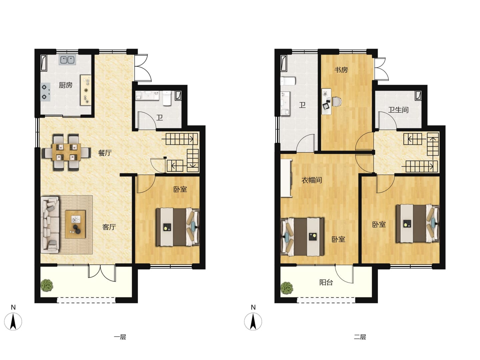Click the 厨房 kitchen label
tap(66, 85)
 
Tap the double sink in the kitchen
tap(67, 60)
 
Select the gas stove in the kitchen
tap(45, 92)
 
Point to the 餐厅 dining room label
tap(105, 153)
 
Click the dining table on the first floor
tap(66, 152)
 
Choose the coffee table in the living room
tap(75, 224)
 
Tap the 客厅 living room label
tap(109, 227)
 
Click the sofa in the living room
tap(50, 224)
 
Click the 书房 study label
tap(341, 70)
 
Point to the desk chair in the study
tap(337, 102)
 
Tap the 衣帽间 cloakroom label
tap(312, 180)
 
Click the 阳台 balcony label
tap(326, 282)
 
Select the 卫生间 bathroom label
tap(398, 110)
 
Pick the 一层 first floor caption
tap(120, 337)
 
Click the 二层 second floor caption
tap(360, 337)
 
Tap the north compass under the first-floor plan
tap(13, 321)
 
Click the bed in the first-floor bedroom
tap(178, 227)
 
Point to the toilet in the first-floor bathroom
tap(167, 98)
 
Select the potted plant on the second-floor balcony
tap(287, 288)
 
